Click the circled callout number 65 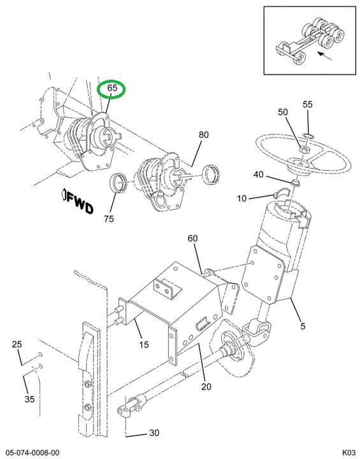pyautogui.click(x=112, y=88)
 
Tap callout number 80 pyautogui.click(x=204, y=135)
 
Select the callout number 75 pyautogui.click(x=109, y=219)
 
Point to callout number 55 pyautogui.click(x=308, y=105)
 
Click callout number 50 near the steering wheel pyautogui.click(x=283, y=112)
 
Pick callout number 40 pyautogui.click(x=259, y=175)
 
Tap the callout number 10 pyautogui.click(x=241, y=198)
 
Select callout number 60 pyautogui.click(x=192, y=238)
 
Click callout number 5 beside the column pyautogui.click(x=303, y=326)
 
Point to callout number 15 pyautogui.click(x=144, y=344)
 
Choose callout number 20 pyautogui.click(x=206, y=387)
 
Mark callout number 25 pyautogui.click(x=17, y=344)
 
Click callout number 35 pyautogui.click(x=29, y=399)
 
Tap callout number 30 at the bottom pyautogui.click(x=154, y=433)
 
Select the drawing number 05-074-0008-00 pyautogui.click(x=30, y=453)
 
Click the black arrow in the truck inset pyautogui.click(x=325, y=56)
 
